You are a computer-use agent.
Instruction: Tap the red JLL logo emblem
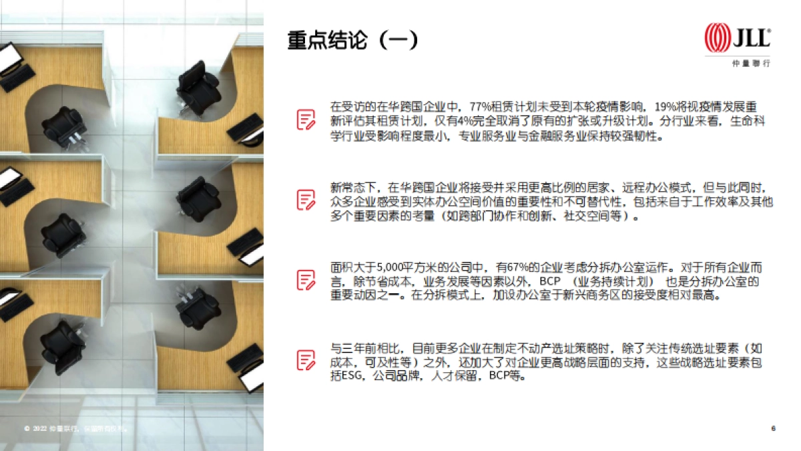718,37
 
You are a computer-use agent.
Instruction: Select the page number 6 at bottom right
773,428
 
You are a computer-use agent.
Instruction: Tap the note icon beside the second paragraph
306,199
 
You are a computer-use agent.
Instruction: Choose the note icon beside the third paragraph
306,279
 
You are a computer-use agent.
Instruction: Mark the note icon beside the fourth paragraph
306,360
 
